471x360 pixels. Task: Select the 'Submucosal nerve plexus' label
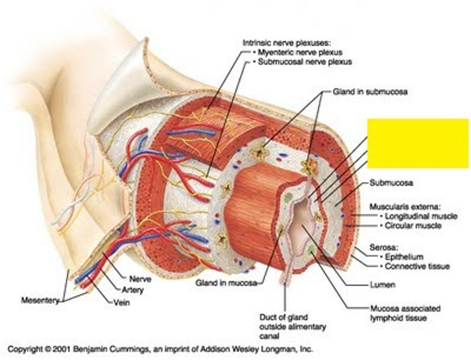click(x=305, y=62)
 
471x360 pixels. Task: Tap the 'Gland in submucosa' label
click(x=370, y=92)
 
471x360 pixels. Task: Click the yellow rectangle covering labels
click(x=418, y=143)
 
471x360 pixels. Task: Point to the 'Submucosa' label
click(x=391, y=183)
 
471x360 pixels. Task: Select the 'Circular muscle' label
click(x=413, y=226)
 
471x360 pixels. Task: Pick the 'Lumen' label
click(x=382, y=285)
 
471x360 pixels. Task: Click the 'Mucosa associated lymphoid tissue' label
click(x=405, y=313)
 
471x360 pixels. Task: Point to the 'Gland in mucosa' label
click(x=226, y=283)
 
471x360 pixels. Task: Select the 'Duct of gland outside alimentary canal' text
click(x=292, y=326)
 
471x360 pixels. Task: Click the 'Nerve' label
click(x=140, y=279)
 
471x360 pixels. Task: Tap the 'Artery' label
click(x=132, y=290)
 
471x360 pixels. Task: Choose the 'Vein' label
click(x=121, y=302)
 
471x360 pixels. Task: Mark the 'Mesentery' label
click(x=40, y=300)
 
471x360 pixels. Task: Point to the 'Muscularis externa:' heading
click(x=405, y=207)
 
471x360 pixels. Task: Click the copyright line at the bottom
click(x=160, y=349)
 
